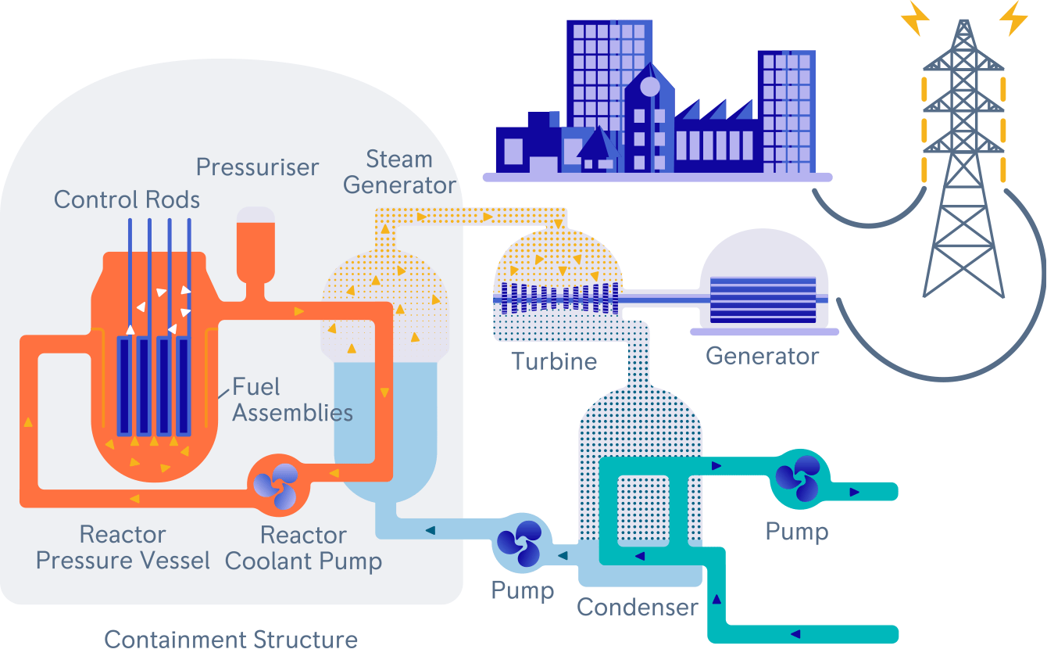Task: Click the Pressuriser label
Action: click(x=257, y=167)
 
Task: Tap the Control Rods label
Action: click(x=127, y=199)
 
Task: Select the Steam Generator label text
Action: click(x=399, y=172)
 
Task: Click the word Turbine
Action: click(x=554, y=361)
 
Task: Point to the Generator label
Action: click(x=763, y=356)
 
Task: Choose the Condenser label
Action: click(x=638, y=608)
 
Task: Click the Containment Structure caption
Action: click(x=231, y=639)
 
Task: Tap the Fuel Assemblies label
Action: click(x=292, y=400)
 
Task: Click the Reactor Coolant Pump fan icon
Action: click(x=276, y=486)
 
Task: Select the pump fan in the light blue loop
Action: click(x=520, y=543)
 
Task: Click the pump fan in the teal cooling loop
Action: click(x=798, y=479)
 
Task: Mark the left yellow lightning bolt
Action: click(x=915, y=18)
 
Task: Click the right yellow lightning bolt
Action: click(x=1013, y=18)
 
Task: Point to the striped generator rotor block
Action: click(x=763, y=300)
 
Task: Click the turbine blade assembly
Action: click(x=559, y=298)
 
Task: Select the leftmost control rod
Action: click(x=130, y=277)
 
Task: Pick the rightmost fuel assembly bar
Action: click(x=183, y=386)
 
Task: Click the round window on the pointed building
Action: click(x=650, y=87)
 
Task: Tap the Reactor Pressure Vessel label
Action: click(x=123, y=547)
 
